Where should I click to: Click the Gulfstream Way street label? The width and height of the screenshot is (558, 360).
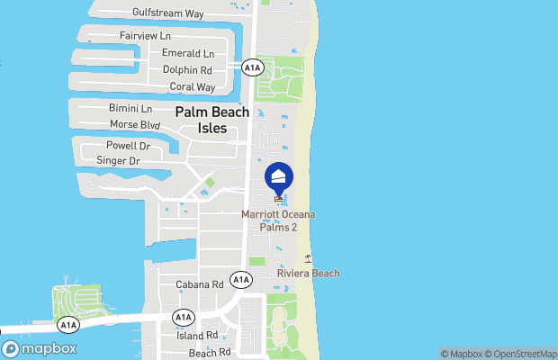pyautogui.click(x=167, y=13)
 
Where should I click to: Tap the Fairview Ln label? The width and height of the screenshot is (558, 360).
pyautogui.click(x=145, y=36)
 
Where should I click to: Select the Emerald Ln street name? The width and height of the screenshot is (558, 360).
pyautogui.click(x=188, y=53)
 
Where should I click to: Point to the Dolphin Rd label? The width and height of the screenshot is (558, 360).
pyautogui.click(x=187, y=69)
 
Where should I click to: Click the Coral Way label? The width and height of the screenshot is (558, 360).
pyautogui.click(x=193, y=87)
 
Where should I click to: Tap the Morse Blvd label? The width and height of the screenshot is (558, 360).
pyautogui.click(x=134, y=124)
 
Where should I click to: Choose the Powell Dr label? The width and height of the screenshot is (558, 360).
pyautogui.click(x=128, y=145)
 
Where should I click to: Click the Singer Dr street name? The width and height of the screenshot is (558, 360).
pyautogui.click(x=118, y=161)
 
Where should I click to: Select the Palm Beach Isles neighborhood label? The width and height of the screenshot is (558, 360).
pyautogui.click(x=212, y=121)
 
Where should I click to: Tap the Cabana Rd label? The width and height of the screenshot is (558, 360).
pyautogui.click(x=197, y=284)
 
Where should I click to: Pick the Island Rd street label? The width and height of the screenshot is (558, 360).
pyautogui.click(x=197, y=335)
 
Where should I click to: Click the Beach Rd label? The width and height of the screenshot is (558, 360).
pyautogui.click(x=210, y=352)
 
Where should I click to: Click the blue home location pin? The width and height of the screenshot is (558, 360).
pyautogui.click(x=279, y=176)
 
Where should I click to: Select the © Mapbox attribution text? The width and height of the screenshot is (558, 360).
pyautogui.click(x=462, y=353)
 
